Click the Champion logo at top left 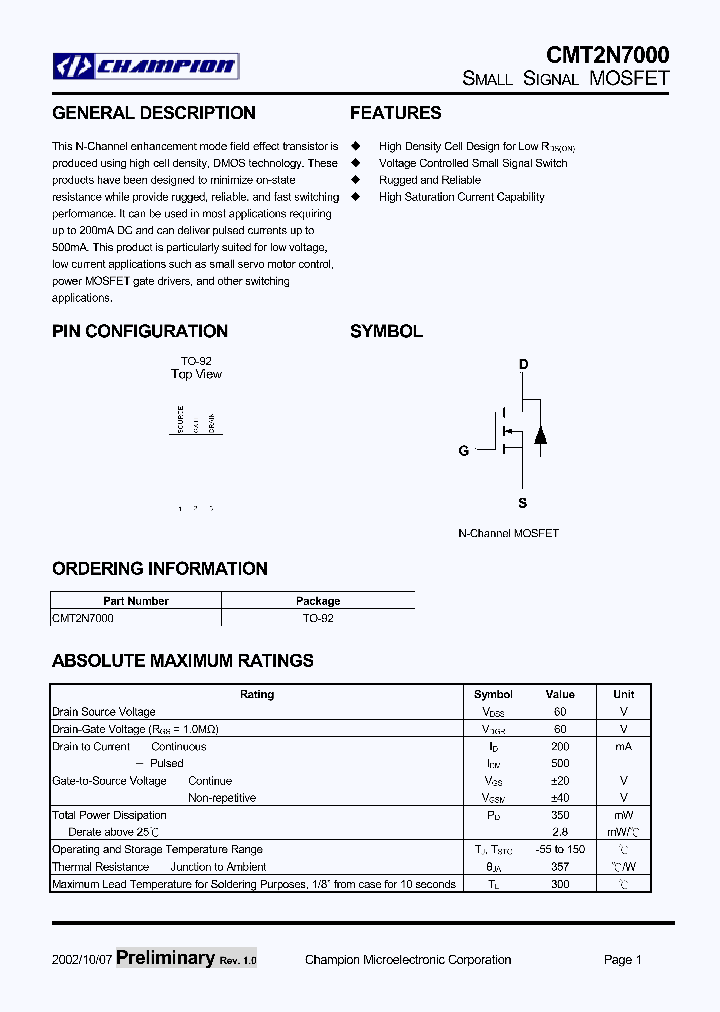pos(146,67)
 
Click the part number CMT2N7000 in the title pos(607,54)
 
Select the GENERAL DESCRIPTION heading pos(154,113)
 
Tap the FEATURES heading pos(395,113)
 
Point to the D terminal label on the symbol pos(523,365)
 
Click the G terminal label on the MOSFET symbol pos(464,451)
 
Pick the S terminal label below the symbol pos(523,503)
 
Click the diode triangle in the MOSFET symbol pos(541,435)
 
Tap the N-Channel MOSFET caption pos(508,534)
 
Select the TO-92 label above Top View pos(196,361)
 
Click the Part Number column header pos(136,601)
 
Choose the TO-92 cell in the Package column pos(318,618)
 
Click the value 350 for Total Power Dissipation pos(560,815)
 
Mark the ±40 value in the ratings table pos(560,798)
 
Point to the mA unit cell pos(623,746)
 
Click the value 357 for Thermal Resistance pos(560,867)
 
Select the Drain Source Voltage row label pos(104,712)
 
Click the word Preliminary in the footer pos(165,958)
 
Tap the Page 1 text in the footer pos(623,960)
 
